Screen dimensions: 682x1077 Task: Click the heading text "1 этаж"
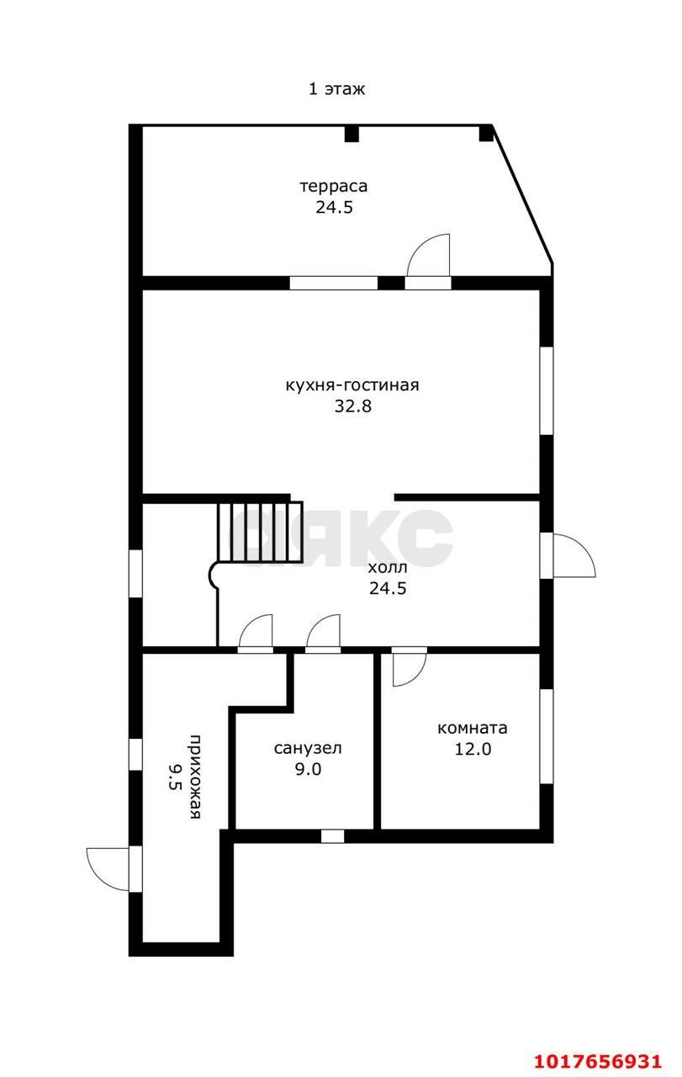coord(336,89)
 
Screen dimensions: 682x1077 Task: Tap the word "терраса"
coord(334,186)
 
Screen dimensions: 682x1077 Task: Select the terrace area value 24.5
coord(334,207)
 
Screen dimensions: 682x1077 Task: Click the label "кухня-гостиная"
coord(352,385)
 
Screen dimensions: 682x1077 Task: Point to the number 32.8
coord(353,406)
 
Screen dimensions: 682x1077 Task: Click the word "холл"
coord(388,567)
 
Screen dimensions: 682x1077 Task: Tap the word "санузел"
coord(308,748)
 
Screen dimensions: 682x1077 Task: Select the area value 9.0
coord(308,769)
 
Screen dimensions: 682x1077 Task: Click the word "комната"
coord(472,728)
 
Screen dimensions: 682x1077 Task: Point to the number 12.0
coord(473,749)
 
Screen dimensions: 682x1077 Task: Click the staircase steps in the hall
coord(260,531)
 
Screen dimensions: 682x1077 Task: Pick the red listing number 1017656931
coord(598,1061)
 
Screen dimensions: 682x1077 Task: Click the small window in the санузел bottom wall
coord(332,836)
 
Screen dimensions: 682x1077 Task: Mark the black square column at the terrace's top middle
coord(352,134)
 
